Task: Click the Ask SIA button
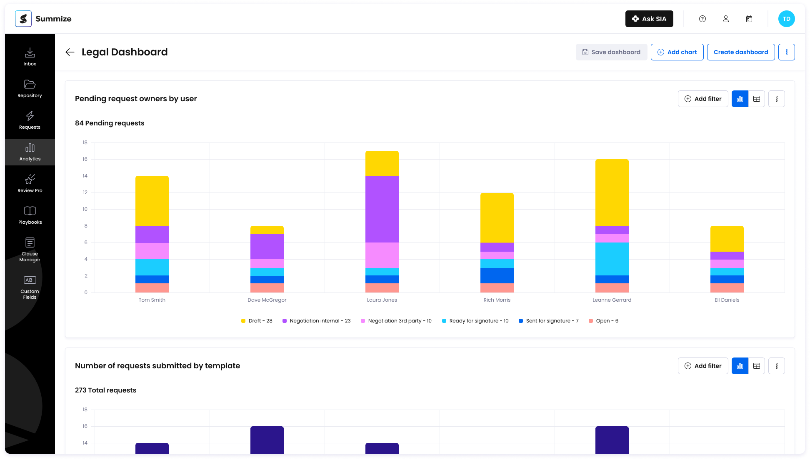pos(649,19)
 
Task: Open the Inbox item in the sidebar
pos(30,57)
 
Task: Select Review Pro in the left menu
pos(30,183)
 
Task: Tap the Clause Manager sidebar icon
pos(30,249)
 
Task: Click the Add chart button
pos(677,52)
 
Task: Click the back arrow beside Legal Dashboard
pos(70,52)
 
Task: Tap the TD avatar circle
pos(786,19)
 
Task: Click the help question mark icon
pos(702,19)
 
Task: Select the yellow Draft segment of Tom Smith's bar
pos(152,201)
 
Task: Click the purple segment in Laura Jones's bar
pos(382,209)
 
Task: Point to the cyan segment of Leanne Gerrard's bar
pos(612,259)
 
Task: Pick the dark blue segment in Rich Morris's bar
pos(497,275)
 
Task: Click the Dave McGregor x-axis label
pos(267,300)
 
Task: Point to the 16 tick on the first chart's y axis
pos(85,159)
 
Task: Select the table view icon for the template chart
pos(756,366)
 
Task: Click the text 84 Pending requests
pos(110,123)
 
